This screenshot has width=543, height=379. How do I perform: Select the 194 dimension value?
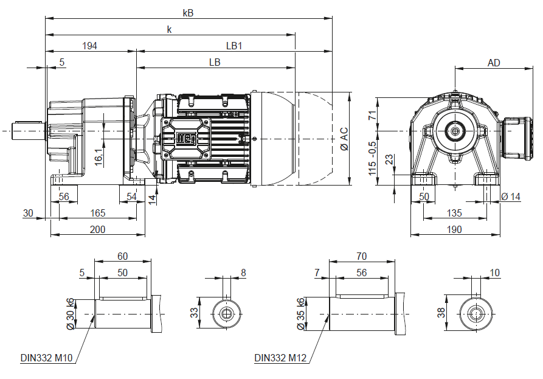coord(89,46)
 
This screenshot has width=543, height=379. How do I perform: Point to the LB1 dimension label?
coord(234,46)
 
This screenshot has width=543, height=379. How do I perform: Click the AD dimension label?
coord(494,63)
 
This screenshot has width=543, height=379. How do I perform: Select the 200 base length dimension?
coord(97,229)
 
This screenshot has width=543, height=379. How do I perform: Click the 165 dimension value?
coord(97,213)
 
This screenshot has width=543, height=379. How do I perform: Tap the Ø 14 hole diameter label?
coord(512,196)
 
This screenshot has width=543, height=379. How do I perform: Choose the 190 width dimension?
coord(455,229)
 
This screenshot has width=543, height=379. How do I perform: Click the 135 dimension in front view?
coord(455,213)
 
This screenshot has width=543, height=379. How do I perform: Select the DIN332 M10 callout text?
coord(47,358)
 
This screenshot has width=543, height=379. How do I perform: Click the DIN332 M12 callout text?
coord(280,358)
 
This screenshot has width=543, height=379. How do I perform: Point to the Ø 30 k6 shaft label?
coord(71,314)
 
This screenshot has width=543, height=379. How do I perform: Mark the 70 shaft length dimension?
coord(362,256)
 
